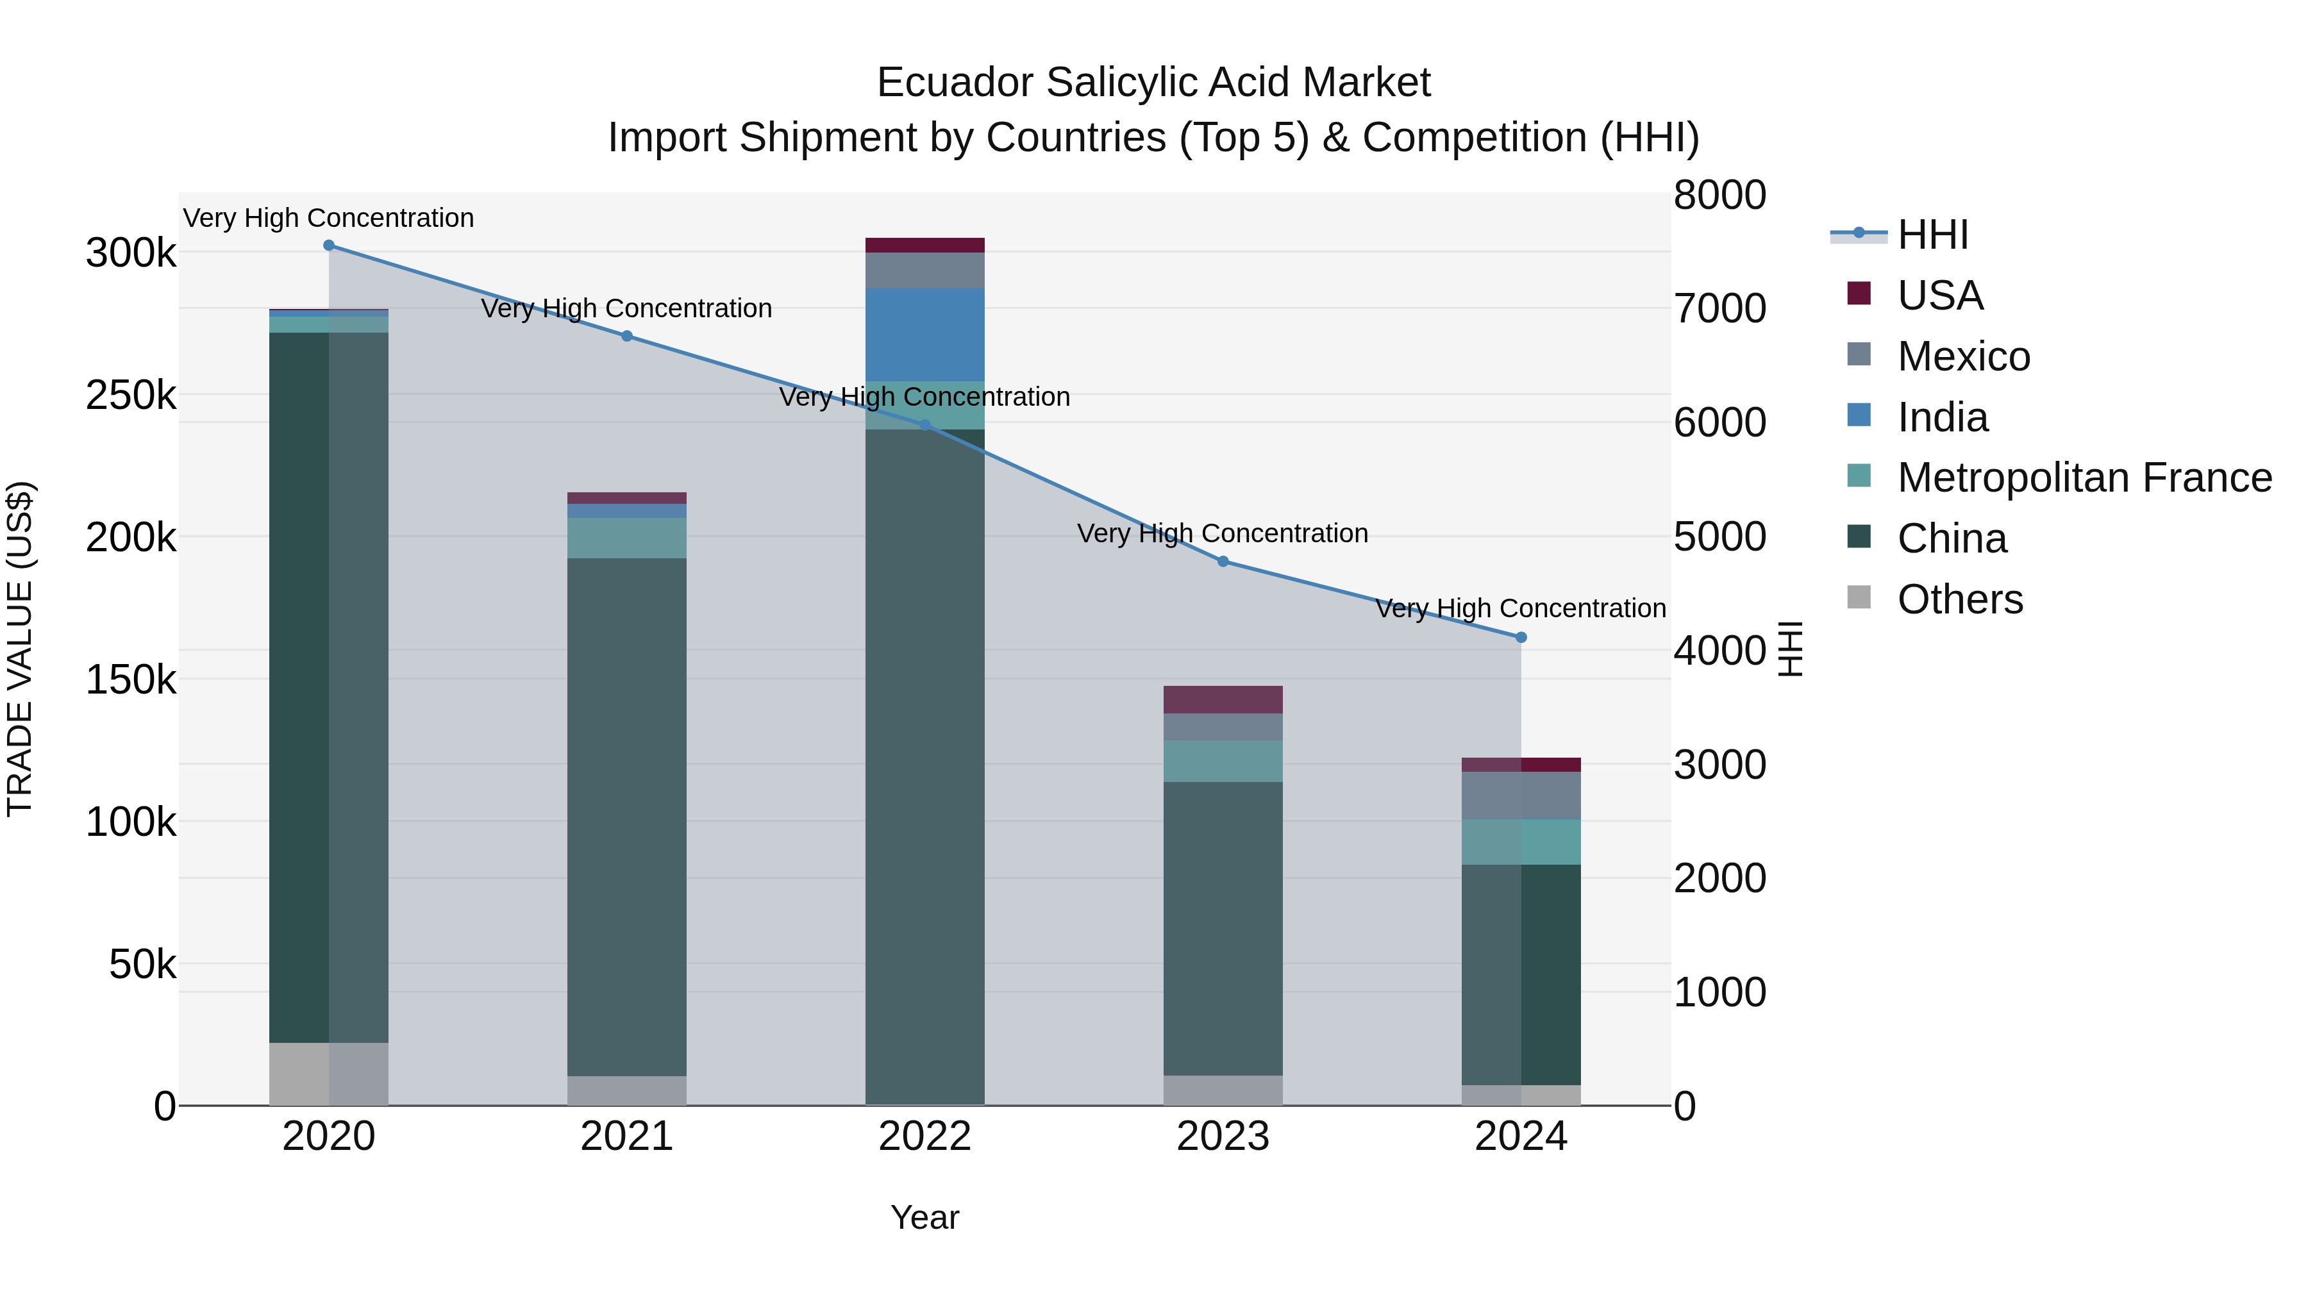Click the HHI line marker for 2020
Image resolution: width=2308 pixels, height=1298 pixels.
[x=329, y=245]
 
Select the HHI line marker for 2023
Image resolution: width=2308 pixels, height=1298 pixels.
[x=1223, y=562]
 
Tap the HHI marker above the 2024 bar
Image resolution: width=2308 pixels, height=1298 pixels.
[x=1521, y=638]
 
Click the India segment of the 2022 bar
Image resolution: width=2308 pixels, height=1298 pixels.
[x=924, y=335]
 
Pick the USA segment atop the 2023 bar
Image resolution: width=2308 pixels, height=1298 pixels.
[x=1223, y=699]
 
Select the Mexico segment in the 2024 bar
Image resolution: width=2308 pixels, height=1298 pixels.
[x=1521, y=795]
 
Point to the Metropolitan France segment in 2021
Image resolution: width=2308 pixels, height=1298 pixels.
[x=626, y=538]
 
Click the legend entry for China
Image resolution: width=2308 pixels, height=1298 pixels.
[x=1952, y=539]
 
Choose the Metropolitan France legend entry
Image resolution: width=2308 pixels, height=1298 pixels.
[x=2084, y=478]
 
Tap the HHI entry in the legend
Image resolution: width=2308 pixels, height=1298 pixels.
[x=1932, y=235]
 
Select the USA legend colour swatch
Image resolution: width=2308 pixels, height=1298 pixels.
[x=1859, y=294]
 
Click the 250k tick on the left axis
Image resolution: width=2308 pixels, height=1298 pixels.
[x=131, y=395]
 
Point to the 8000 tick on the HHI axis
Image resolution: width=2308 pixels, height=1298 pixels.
[x=1719, y=196]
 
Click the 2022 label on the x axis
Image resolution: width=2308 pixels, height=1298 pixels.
[x=924, y=1136]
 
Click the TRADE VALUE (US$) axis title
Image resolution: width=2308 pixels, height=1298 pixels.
[x=20, y=649]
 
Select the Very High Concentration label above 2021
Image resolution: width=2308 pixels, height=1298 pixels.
[x=626, y=308]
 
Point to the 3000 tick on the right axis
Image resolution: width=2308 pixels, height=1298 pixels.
[x=1719, y=765]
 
